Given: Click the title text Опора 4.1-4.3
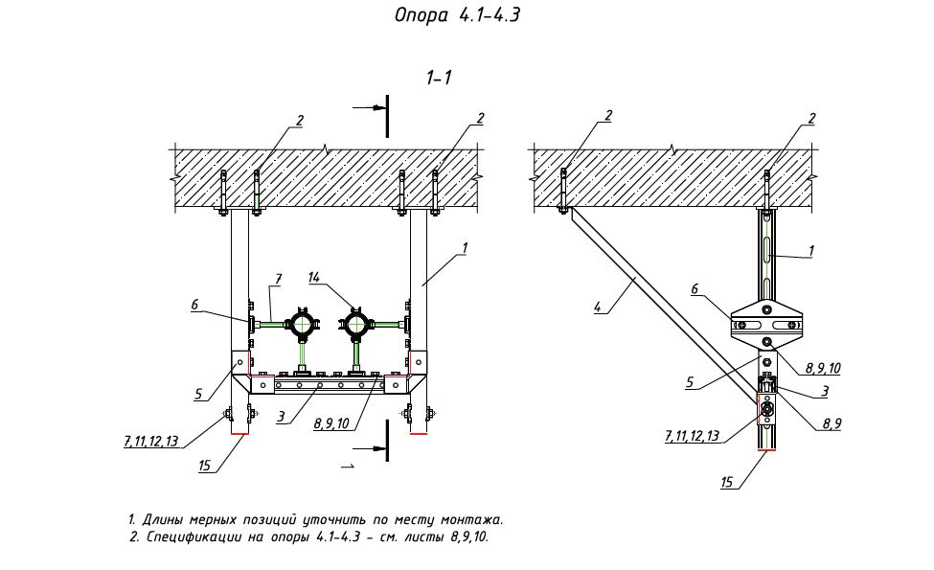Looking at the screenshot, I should pyautogui.click(x=456, y=15).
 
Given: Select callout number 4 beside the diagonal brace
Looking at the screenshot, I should pyautogui.click(x=598, y=307).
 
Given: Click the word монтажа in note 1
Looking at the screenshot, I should pyautogui.click(x=470, y=520).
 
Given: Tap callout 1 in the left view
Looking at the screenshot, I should pyautogui.click(x=464, y=248).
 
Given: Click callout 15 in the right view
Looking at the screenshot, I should pyautogui.click(x=728, y=483).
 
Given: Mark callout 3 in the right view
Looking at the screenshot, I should pyautogui.click(x=824, y=391).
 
